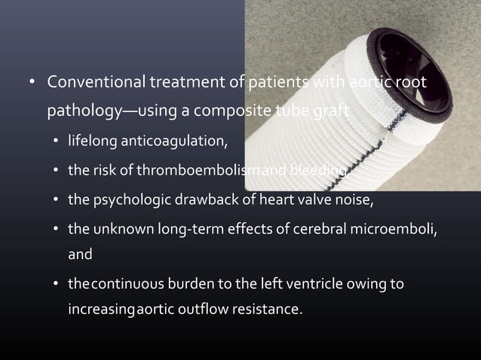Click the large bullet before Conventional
coord(32,82)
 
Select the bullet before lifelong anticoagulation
coord(57,142)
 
